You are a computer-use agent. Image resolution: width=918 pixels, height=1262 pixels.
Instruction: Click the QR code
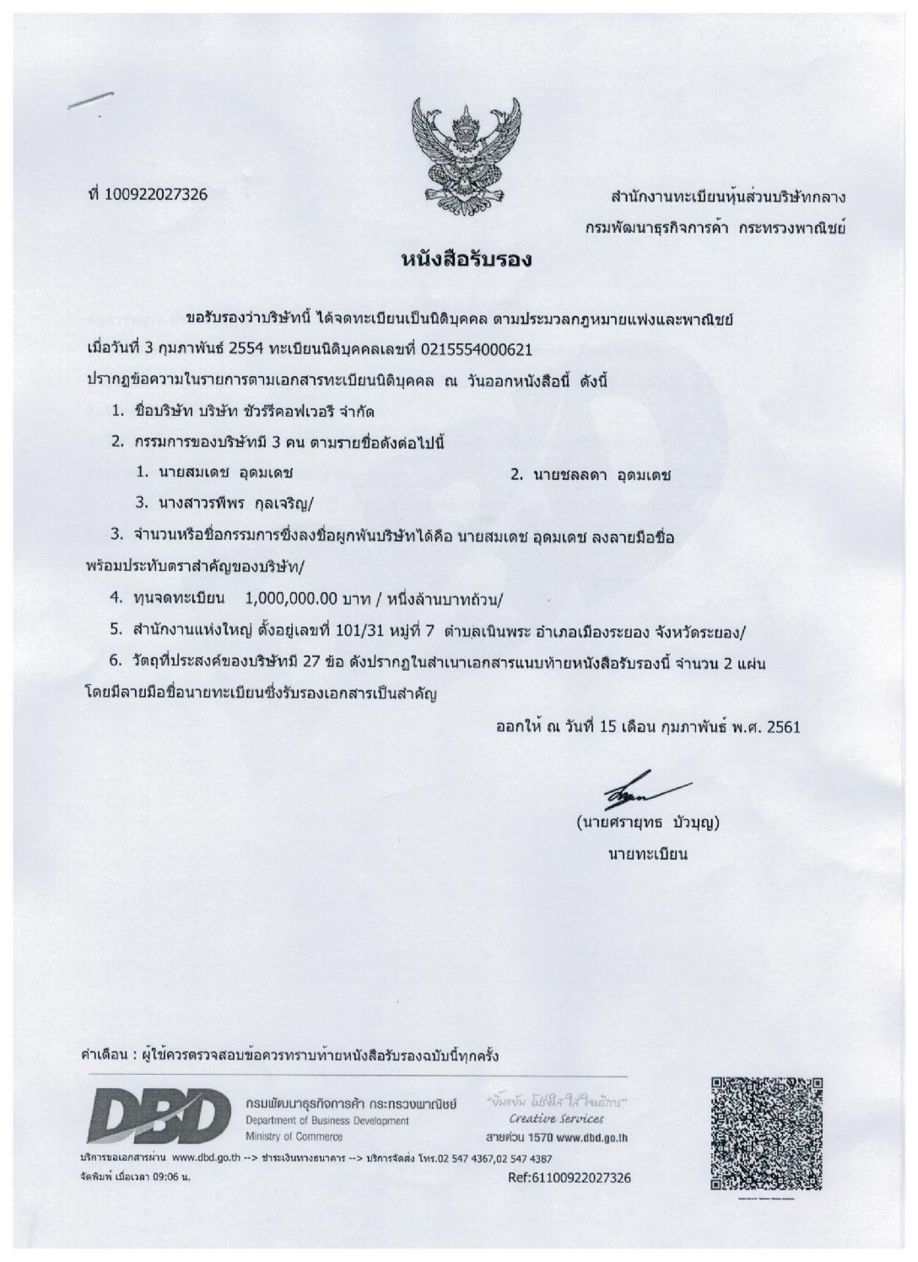pos(766,1134)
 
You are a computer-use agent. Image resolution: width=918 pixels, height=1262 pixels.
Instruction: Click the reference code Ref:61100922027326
pos(570,1178)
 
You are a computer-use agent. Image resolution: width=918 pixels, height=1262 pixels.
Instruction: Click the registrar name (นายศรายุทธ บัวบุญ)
pos(646,820)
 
